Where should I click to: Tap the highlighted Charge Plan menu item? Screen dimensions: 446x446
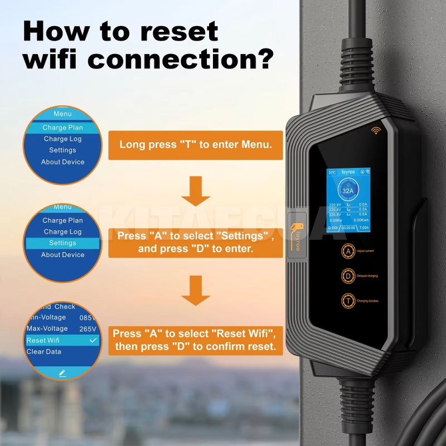pos(62,128)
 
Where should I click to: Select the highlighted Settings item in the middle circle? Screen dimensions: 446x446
pos(62,243)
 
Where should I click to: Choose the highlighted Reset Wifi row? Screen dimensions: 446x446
pos(61,340)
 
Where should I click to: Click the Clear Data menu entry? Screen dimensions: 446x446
pos(44,352)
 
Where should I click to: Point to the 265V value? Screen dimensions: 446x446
pos(88,328)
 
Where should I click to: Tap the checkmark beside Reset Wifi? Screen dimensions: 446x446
pos(93,340)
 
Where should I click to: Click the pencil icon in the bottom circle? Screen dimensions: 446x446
pos(62,372)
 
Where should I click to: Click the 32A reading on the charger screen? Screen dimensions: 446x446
pos(348,191)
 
